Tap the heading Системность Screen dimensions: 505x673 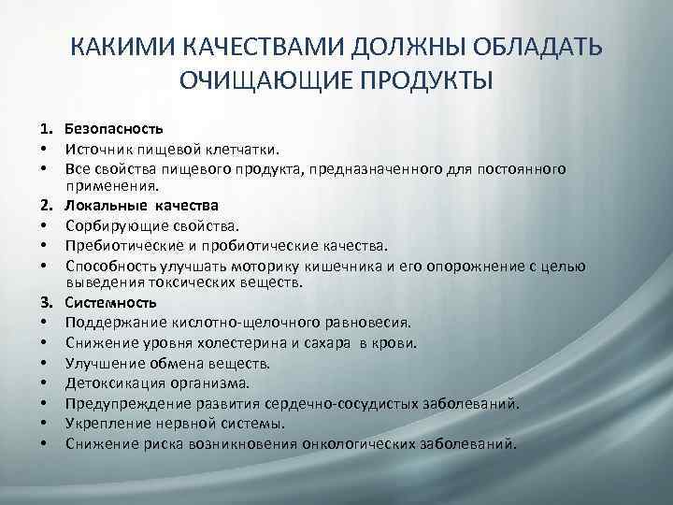(x=111, y=303)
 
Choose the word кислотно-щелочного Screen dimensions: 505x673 (x=224, y=324)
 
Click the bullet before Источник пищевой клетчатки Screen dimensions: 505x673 (x=44, y=148)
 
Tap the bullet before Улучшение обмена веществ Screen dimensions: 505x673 (x=44, y=364)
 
